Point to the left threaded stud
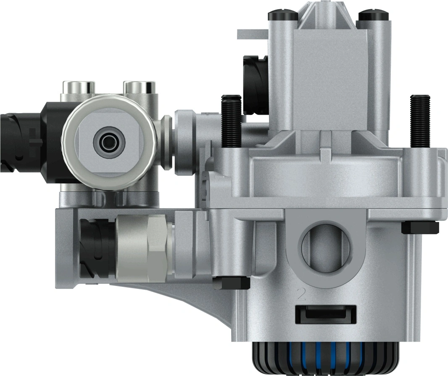coord(230,120)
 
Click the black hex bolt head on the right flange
coord(419,228)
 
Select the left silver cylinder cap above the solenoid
coord(79,87)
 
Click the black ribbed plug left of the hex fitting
coord(96,248)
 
